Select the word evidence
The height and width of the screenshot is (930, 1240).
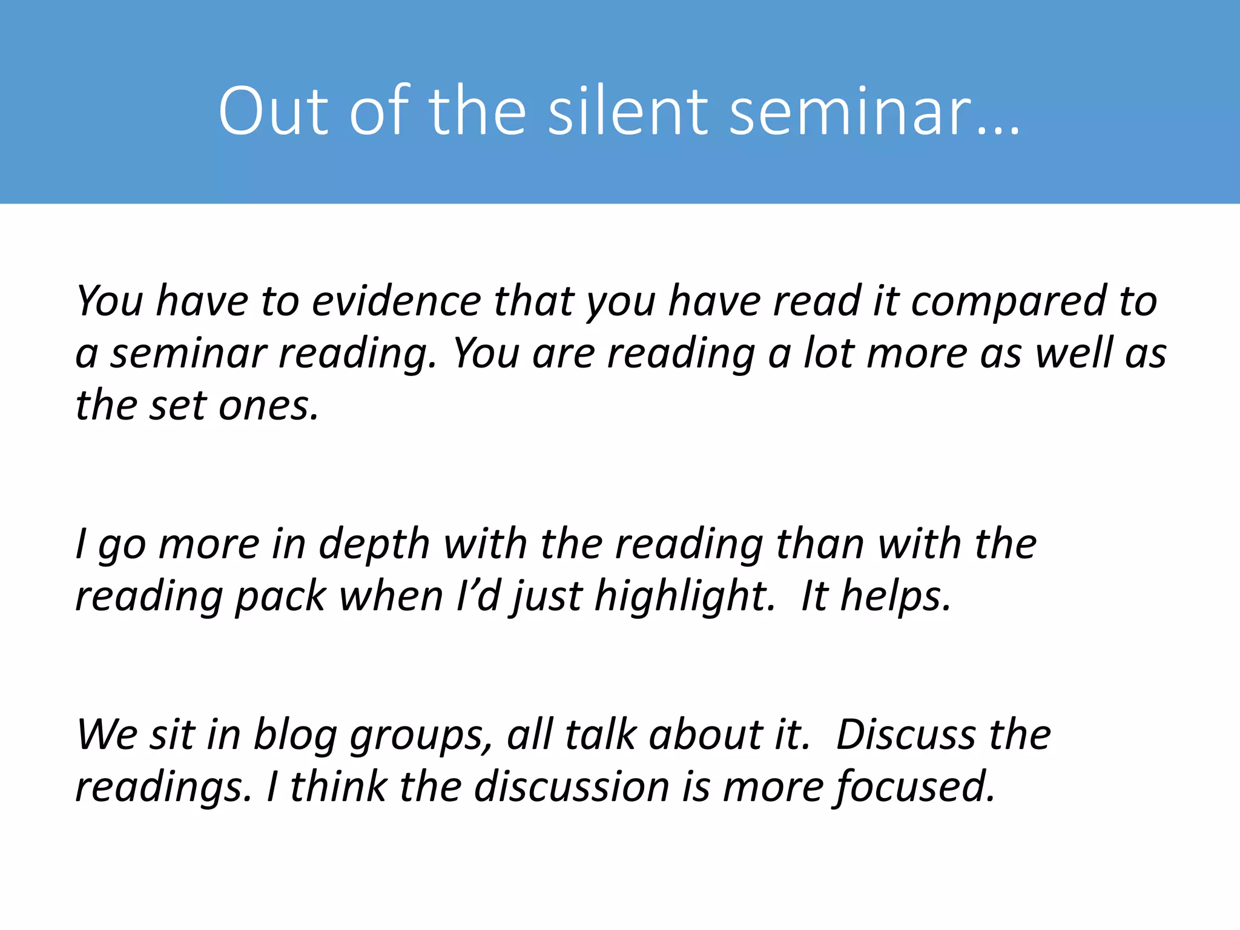coord(396,301)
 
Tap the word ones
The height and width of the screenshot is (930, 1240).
coord(268,406)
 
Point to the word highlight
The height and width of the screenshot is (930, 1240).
coord(685,596)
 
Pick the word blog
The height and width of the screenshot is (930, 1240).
coord(295,735)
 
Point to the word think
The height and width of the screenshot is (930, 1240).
coord(338,787)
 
